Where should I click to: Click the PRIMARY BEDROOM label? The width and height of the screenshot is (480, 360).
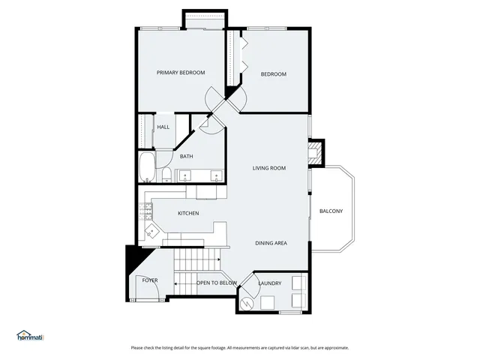point(181,73)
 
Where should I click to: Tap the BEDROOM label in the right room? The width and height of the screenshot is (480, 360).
point(274,73)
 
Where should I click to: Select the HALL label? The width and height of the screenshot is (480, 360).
point(163,127)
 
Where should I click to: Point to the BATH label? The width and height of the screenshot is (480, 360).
point(186,157)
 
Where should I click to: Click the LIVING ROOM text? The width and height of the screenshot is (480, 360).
point(269,168)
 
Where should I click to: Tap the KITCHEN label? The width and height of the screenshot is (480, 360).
point(187,214)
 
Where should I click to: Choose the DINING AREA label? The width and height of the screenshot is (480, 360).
point(271,243)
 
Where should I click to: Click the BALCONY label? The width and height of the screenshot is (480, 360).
point(331,211)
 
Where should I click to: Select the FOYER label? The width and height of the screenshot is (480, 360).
point(150,280)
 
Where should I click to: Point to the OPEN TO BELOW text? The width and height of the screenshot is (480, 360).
point(216,283)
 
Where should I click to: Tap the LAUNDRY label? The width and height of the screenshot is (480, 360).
point(269,283)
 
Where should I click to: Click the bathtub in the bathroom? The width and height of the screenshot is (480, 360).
point(146,168)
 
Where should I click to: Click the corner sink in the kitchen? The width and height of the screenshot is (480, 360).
point(151,231)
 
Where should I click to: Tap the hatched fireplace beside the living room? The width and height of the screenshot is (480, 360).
point(316,153)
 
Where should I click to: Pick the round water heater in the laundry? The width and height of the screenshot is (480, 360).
point(248,302)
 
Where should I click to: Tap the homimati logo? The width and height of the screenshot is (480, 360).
point(30,335)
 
